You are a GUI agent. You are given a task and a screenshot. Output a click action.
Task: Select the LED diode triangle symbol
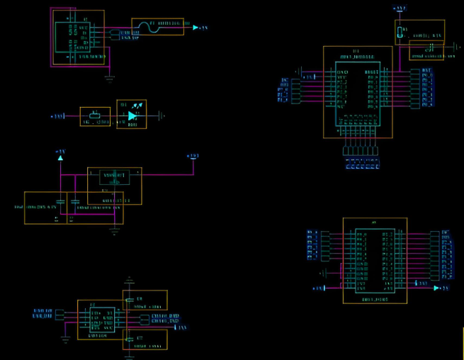(132, 116)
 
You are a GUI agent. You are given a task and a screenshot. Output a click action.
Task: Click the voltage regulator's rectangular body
(113, 178)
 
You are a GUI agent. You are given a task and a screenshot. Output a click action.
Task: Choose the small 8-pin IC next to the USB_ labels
(102, 320)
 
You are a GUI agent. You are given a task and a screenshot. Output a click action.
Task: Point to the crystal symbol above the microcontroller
(402, 32)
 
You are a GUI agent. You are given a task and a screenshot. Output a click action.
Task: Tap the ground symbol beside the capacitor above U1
(451, 52)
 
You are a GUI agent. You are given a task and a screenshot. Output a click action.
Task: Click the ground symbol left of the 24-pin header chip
(324, 272)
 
